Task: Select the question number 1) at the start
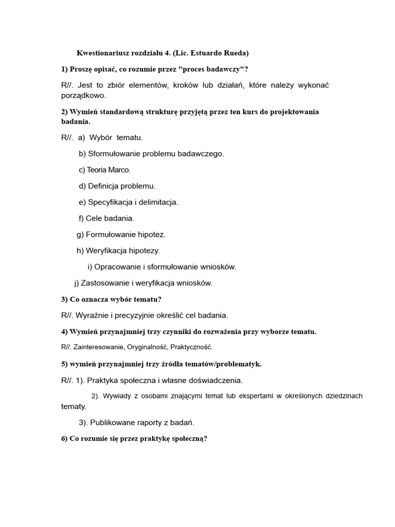point(64,69)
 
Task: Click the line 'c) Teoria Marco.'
point(105,170)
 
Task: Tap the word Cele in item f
point(94,218)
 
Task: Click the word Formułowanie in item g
point(108,235)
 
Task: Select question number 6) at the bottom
point(64,439)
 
